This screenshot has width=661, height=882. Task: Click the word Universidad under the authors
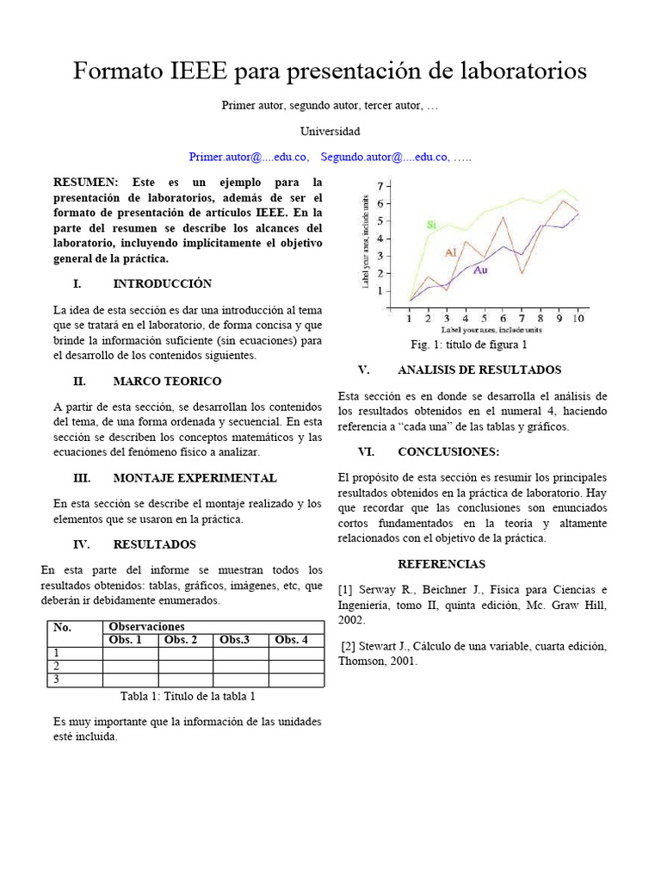click(x=330, y=132)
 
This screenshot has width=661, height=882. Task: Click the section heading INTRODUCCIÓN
click(x=162, y=283)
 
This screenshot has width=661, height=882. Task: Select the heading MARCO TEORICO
click(x=167, y=381)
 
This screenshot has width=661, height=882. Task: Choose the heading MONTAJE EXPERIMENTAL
click(x=195, y=478)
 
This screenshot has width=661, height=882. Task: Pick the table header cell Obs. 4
click(x=292, y=639)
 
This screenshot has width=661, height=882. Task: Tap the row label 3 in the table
click(x=57, y=680)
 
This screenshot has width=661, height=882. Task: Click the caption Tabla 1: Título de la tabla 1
click(x=188, y=696)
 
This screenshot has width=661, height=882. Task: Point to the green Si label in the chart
click(x=432, y=225)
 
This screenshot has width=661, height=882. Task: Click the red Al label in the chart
click(x=450, y=252)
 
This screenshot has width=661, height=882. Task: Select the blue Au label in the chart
click(x=480, y=270)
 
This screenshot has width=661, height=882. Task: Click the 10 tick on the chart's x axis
click(x=578, y=318)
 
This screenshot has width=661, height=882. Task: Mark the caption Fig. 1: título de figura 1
click(x=469, y=345)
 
